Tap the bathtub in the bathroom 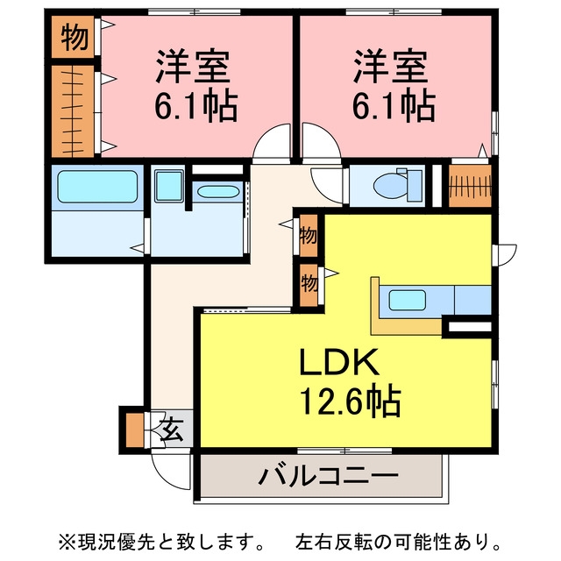click(x=97, y=187)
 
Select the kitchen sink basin click(x=407, y=300)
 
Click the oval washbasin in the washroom click(x=218, y=192)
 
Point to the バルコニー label click(x=328, y=475)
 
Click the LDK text click(x=339, y=361)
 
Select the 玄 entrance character click(x=171, y=429)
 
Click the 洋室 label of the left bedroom click(x=193, y=67)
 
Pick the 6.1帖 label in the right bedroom click(x=394, y=106)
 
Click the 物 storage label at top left click(x=74, y=37)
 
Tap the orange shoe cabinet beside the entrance click(x=135, y=430)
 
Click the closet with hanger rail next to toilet click(x=470, y=186)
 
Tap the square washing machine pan click(x=169, y=186)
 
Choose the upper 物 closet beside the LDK click(x=309, y=236)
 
